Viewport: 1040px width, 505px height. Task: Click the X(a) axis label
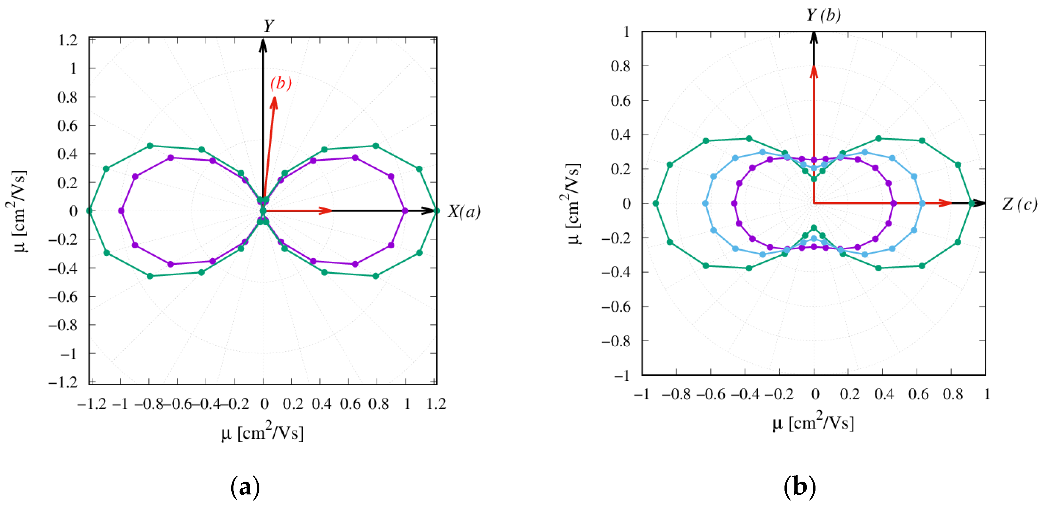click(x=464, y=211)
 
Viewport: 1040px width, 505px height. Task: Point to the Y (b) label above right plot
click(x=823, y=15)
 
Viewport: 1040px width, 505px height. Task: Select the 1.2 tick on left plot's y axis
click(x=67, y=40)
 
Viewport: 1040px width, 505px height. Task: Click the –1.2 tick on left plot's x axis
click(x=92, y=404)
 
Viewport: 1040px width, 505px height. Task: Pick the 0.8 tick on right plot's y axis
click(x=620, y=66)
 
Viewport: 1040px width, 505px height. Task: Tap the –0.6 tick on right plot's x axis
click(x=711, y=394)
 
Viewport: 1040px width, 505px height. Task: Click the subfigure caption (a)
click(x=245, y=487)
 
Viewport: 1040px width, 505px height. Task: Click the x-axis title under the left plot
click(x=263, y=432)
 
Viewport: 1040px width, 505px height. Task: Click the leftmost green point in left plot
click(x=89, y=211)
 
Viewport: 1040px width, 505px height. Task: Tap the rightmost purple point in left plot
click(x=405, y=211)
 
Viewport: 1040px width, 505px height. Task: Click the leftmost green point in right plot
click(x=656, y=203)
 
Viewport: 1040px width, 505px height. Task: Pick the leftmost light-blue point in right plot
click(x=705, y=203)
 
